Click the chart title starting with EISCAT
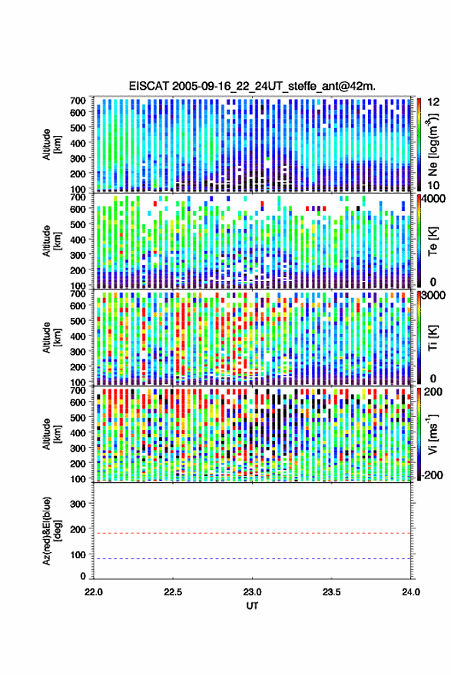pyautogui.click(x=252, y=86)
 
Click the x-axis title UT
pyautogui.click(x=252, y=605)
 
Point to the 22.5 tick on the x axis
pyautogui.click(x=173, y=592)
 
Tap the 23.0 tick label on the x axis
pyautogui.click(x=253, y=592)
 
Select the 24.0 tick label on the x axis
pyautogui.click(x=410, y=592)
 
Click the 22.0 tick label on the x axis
pyautogui.click(x=94, y=592)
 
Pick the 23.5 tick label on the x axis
pyautogui.click(x=332, y=592)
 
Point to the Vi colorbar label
pyautogui.click(x=433, y=434)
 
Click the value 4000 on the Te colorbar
pyautogui.click(x=433, y=199)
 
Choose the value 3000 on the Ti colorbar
pyautogui.click(x=433, y=296)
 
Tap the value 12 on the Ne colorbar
pyautogui.click(x=433, y=102)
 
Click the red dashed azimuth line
pyautogui.click(x=253, y=533)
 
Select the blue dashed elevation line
pyautogui.click(x=253, y=558)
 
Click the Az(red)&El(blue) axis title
pyautogui.click(x=51, y=531)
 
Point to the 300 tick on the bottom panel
pyautogui.click(x=78, y=504)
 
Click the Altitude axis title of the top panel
pyautogui.click(x=51, y=144)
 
